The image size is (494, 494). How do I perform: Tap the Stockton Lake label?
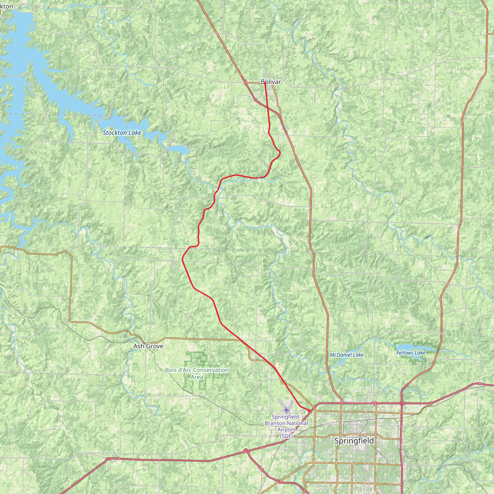click(122, 133)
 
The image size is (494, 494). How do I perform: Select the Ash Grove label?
click(148, 346)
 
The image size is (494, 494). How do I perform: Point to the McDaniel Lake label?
click(346, 355)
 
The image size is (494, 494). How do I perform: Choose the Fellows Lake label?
click(411, 353)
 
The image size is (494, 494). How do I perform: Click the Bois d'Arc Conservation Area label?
click(197, 373)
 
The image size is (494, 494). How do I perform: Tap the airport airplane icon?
click(286, 410)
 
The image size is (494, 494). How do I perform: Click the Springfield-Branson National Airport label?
click(286, 426)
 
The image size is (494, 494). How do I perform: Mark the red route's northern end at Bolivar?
click(265, 83)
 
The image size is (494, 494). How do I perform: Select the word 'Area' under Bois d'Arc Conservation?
click(197, 377)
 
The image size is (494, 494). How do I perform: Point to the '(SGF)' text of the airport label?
click(286, 436)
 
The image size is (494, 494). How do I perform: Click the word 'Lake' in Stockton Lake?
click(135, 133)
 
